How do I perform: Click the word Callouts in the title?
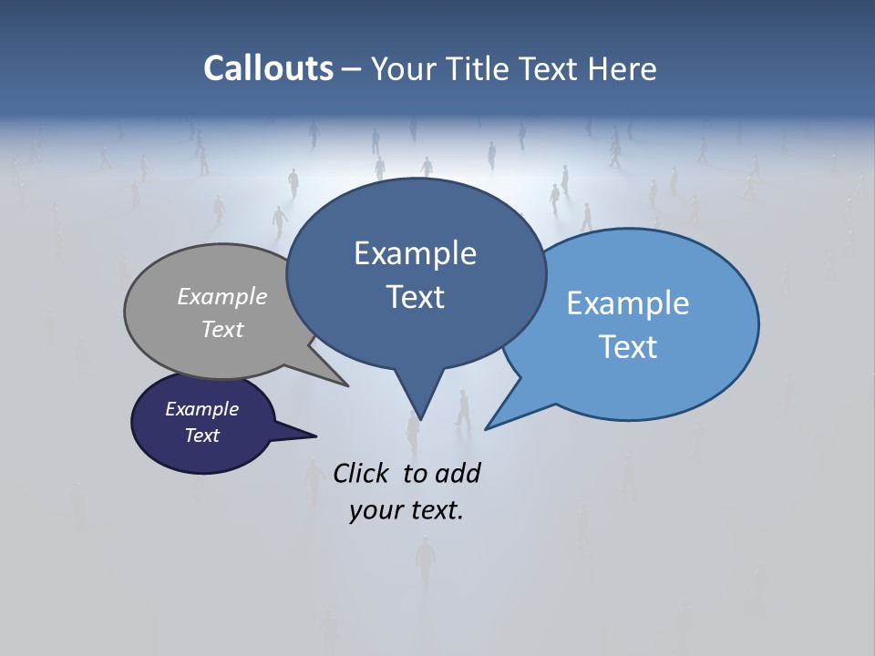269,68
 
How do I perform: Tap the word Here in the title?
623,68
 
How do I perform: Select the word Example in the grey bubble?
222,296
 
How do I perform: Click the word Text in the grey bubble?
222,329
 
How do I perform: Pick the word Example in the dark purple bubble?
202,409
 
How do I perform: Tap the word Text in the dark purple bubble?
202,436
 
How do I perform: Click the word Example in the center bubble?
415,253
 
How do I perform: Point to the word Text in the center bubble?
415,297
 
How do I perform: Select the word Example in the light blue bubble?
628,303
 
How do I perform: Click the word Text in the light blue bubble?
628,347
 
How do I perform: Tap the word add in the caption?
458,473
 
